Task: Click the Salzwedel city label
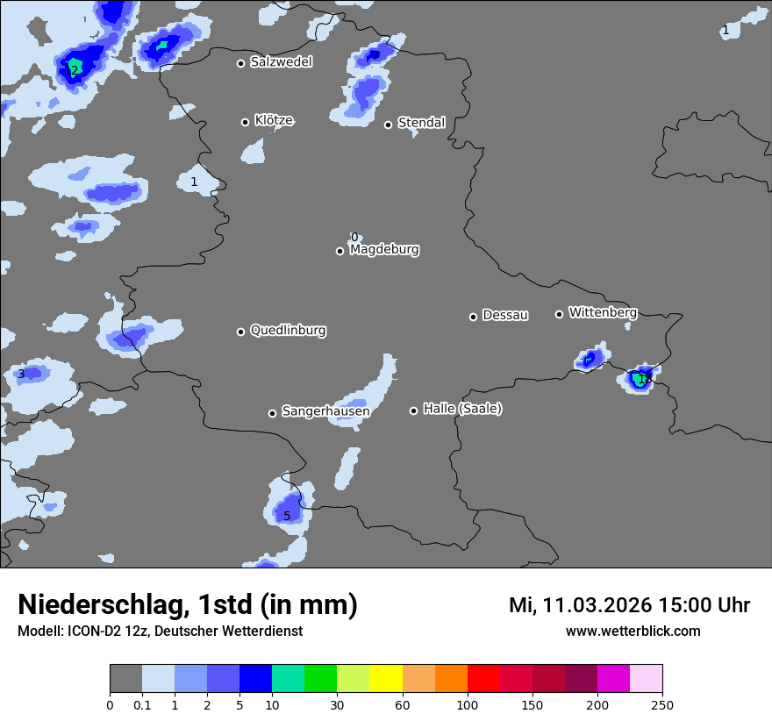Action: (x=281, y=62)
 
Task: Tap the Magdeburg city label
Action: (x=384, y=250)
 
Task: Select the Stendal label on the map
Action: (x=421, y=123)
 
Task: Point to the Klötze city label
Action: (x=274, y=120)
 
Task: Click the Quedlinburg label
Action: (x=288, y=331)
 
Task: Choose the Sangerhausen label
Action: (x=325, y=411)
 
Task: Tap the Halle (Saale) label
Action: (x=462, y=409)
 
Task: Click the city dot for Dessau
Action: (x=473, y=317)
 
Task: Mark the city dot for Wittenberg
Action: (x=559, y=314)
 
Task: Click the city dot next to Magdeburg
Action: (x=340, y=252)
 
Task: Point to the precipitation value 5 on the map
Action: (x=287, y=516)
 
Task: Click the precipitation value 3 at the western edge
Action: (x=21, y=375)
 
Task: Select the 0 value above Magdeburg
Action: (x=354, y=237)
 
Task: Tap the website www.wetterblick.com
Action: (x=633, y=632)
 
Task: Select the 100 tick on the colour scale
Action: (x=467, y=705)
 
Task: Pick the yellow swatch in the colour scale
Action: (x=385, y=679)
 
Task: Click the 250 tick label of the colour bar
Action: (x=661, y=705)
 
